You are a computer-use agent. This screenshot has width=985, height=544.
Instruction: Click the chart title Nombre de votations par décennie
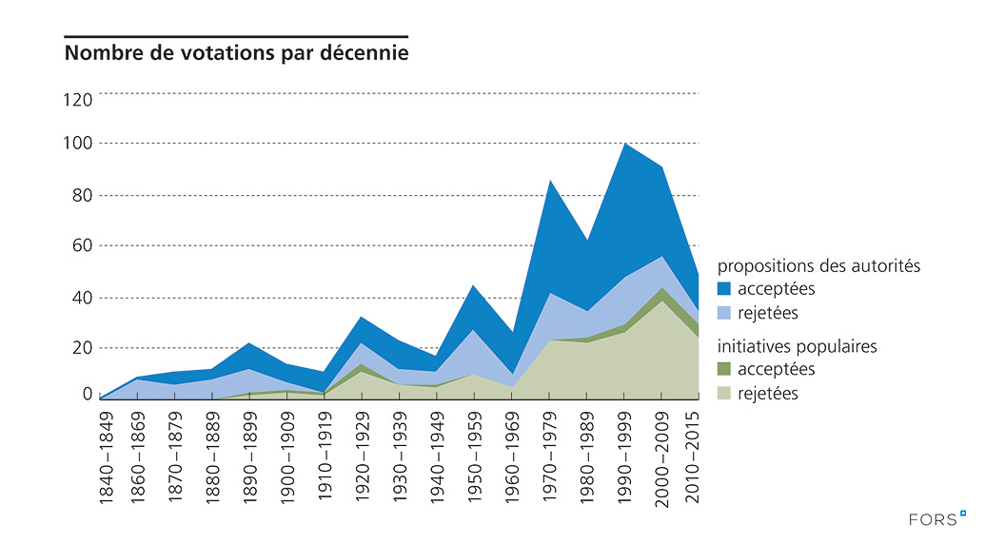point(236,53)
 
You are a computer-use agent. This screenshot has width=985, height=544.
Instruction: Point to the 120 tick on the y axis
point(79,99)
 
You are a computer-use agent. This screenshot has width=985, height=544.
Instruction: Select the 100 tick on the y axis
point(79,144)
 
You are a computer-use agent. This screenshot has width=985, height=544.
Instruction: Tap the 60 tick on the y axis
point(83,246)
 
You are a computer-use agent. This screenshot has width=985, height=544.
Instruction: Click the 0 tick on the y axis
point(88,394)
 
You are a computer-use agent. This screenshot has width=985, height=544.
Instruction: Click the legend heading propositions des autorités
point(818,266)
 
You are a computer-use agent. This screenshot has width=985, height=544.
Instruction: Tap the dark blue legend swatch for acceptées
point(725,289)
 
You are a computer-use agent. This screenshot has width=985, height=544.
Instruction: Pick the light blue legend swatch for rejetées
point(725,313)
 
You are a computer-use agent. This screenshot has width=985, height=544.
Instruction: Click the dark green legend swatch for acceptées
point(725,370)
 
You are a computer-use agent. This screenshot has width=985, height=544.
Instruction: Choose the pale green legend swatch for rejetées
point(725,394)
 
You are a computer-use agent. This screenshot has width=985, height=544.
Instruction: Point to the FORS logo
point(936,519)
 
